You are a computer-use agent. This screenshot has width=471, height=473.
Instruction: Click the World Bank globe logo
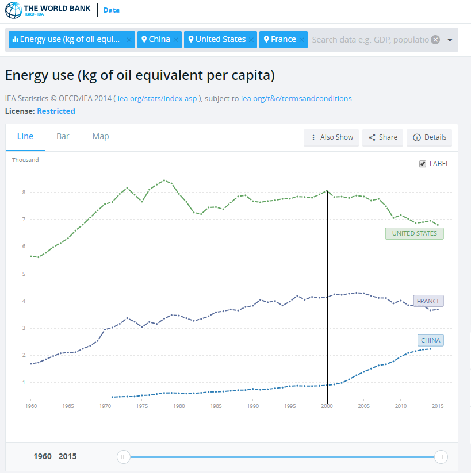13,10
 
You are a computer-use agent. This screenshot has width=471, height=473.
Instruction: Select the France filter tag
279,40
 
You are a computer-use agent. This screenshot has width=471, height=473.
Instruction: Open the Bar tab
63,137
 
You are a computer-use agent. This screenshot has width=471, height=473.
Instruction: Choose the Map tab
101,137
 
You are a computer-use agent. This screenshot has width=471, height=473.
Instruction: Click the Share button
382,137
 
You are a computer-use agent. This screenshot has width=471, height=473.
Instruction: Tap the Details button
430,137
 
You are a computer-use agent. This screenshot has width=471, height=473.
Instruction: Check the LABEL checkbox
423,164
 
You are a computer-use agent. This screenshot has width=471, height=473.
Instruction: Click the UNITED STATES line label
414,233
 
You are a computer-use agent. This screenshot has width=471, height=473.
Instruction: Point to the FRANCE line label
428,301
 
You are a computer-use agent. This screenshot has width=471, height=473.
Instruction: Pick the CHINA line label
430,340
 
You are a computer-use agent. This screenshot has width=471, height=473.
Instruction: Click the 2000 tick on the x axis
327,406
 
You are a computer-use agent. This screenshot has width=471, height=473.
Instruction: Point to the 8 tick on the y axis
24,192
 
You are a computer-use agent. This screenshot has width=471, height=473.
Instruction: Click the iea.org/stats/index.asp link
158,99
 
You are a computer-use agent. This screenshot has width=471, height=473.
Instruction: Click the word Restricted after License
56,111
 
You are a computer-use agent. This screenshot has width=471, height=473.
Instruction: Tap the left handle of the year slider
123,457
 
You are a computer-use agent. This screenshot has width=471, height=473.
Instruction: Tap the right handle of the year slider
441,457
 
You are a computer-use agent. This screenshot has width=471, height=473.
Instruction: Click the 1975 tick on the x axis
142,406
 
